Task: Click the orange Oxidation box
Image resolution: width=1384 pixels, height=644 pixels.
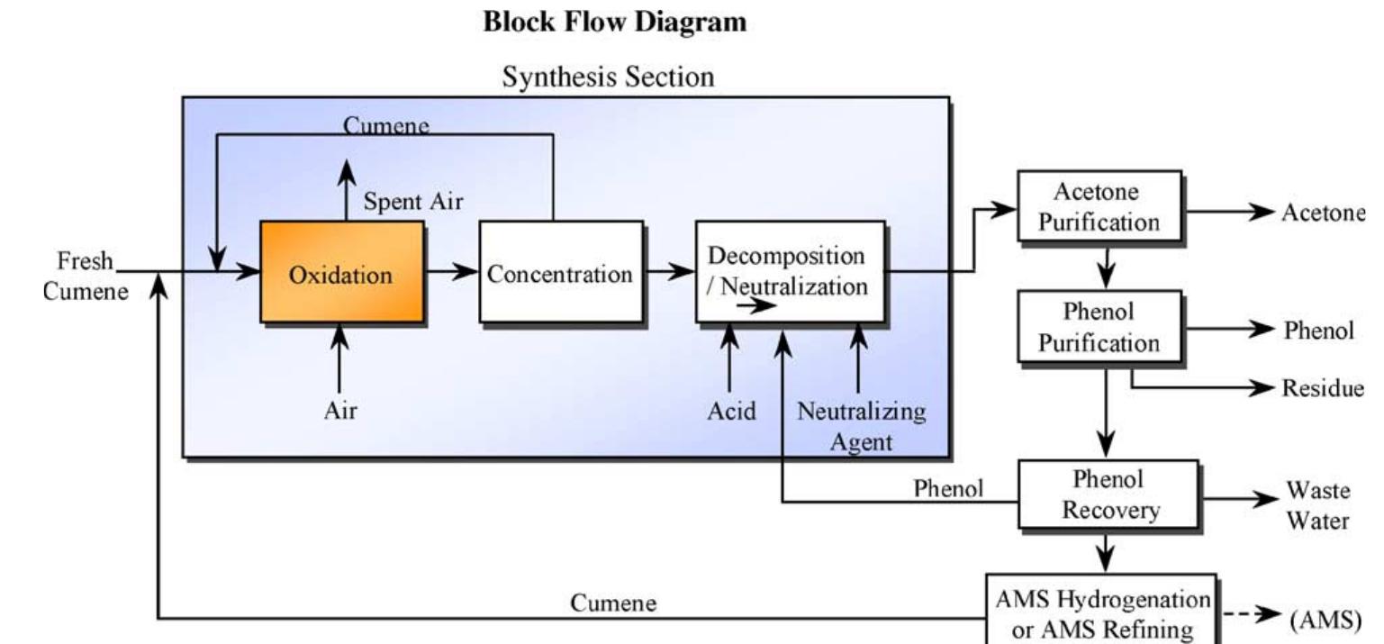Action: click(341, 272)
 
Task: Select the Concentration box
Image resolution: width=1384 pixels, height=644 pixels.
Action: click(560, 272)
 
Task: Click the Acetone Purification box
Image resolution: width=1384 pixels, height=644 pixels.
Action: click(1099, 206)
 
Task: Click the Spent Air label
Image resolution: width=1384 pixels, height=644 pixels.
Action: click(413, 202)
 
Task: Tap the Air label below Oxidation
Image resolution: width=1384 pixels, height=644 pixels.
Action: click(340, 412)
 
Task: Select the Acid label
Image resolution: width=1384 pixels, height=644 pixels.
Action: click(731, 412)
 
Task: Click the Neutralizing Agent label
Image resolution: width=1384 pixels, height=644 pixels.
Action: click(861, 426)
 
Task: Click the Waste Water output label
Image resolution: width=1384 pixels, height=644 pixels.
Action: click(1317, 506)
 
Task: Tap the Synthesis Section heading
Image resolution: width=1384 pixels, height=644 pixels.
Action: click(608, 77)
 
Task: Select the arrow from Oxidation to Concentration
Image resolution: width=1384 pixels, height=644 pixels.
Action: click(451, 272)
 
